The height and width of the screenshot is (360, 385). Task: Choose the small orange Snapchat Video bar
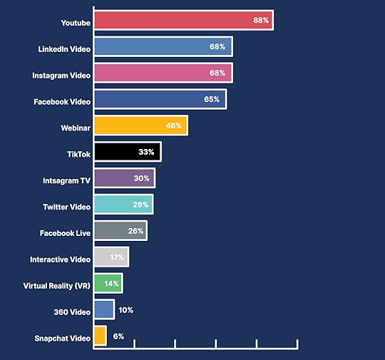pyautogui.click(x=100, y=336)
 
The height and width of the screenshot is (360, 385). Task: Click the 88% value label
pyautogui.click(x=261, y=21)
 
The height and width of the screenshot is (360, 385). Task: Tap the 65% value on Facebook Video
pyautogui.click(x=212, y=99)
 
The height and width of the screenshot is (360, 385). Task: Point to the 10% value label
pyautogui.click(x=126, y=310)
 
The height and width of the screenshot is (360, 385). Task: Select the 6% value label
pyautogui.click(x=118, y=336)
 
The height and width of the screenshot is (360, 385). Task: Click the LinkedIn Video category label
pyautogui.click(x=64, y=49)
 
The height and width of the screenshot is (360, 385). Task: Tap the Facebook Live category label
pyautogui.click(x=66, y=233)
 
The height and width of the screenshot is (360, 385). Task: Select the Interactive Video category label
pyautogui.click(x=61, y=259)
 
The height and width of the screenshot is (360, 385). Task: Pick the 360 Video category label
pyautogui.click(x=72, y=312)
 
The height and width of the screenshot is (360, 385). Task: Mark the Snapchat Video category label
pyautogui.click(x=63, y=339)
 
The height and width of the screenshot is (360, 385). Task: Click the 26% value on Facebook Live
pyautogui.click(x=135, y=231)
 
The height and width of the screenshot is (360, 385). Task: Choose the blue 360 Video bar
pyautogui.click(x=103, y=309)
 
